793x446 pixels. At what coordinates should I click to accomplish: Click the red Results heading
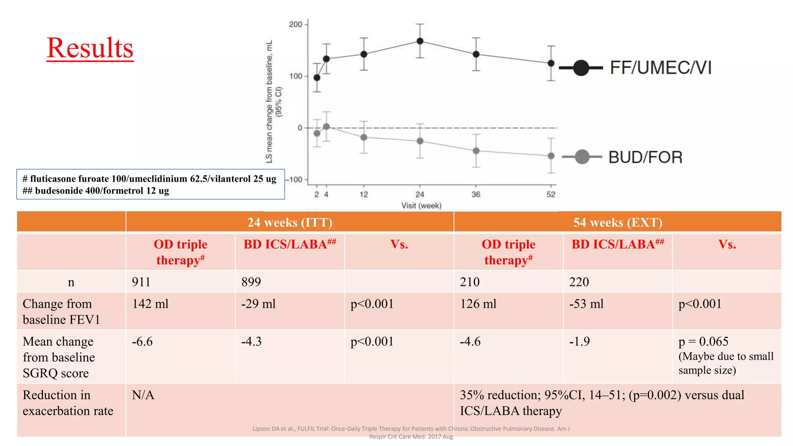(x=90, y=48)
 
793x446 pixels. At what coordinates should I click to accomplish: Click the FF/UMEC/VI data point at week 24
(x=420, y=41)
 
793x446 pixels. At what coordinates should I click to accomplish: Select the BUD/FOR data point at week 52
(x=551, y=156)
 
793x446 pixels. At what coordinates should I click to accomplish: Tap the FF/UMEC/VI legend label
(x=661, y=68)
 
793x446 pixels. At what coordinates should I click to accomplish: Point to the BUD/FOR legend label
(x=645, y=157)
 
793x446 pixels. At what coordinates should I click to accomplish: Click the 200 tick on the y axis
(x=295, y=24)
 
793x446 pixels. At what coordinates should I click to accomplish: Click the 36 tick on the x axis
(x=476, y=194)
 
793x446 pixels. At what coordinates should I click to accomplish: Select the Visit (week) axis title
(x=421, y=206)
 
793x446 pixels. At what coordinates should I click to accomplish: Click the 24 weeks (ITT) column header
(x=290, y=222)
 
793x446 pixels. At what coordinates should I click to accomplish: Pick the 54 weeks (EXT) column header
(x=618, y=222)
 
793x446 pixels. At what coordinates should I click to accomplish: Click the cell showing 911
(x=141, y=281)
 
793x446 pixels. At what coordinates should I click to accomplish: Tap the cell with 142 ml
(x=150, y=304)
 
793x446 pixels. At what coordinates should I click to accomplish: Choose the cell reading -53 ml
(x=586, y=304)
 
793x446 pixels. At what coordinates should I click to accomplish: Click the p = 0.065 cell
(x=703, y=341)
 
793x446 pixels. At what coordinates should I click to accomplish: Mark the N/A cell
(x=143, y=395)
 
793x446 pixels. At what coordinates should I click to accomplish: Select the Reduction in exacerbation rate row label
(x=68, y=403)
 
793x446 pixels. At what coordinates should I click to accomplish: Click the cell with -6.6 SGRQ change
(x=142, y=341)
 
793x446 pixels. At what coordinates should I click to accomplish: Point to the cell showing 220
(x=579, y=281)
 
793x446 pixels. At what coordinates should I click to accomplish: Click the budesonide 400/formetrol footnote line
(x=96, y=191)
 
